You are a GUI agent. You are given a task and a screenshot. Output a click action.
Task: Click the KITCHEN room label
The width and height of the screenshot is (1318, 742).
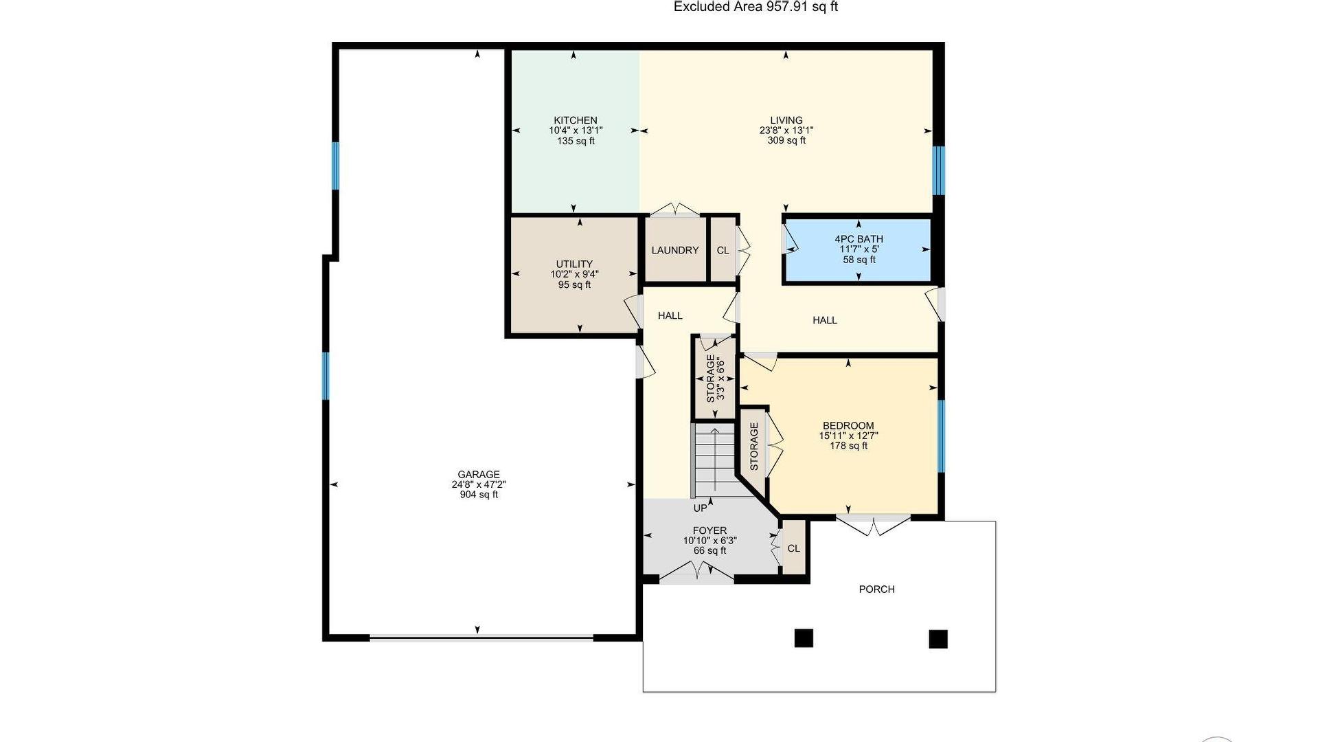pos(576,120)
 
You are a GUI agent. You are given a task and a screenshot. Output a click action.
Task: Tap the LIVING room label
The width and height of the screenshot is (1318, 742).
pos(786,120)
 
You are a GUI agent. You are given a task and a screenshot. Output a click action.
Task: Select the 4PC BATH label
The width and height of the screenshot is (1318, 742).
pos(859,239)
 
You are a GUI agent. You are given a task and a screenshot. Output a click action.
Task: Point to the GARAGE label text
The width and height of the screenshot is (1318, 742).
pos(479,474)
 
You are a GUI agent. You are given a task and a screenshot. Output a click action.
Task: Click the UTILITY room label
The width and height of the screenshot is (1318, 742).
pos(574,264)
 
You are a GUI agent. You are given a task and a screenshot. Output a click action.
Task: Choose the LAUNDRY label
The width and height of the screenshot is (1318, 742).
pos(675,250)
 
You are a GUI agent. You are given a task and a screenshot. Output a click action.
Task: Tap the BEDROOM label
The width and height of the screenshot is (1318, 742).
pos(848,425)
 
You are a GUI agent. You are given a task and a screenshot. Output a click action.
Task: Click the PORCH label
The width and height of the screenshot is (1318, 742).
pos(877,589)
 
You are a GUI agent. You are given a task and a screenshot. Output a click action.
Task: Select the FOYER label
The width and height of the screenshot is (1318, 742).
pos(709,530)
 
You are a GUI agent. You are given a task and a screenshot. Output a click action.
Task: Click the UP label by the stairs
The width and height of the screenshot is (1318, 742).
pos(700,508)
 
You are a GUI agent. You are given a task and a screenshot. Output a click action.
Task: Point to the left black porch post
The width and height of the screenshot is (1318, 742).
pos(804,638)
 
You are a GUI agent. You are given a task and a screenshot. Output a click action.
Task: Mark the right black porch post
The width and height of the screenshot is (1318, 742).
pos(938,639)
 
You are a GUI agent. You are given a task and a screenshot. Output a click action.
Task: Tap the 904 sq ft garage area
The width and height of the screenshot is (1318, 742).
pos(479,495)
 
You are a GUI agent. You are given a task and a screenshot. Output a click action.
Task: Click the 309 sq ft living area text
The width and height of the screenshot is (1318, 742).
pos(786,141)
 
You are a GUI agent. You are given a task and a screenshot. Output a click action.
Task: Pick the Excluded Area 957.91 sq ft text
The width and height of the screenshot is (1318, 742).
pos(755,7)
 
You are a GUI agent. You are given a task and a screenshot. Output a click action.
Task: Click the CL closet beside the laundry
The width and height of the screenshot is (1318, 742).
pos(723,250)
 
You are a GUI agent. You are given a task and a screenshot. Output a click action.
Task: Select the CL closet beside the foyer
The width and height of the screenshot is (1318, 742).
pos(793,548)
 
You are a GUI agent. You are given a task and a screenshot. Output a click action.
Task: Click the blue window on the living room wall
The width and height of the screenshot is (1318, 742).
pos(939,170)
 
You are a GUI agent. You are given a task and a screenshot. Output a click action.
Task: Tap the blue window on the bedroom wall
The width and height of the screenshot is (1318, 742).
pos(941,436)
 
